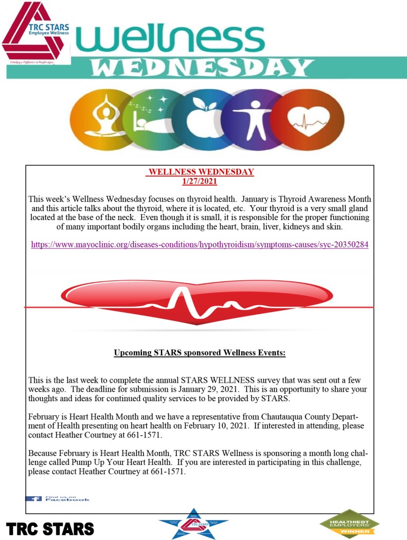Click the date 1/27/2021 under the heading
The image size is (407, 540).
200,181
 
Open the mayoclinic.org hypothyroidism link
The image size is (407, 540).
200,245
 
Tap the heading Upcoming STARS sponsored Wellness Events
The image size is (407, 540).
200,352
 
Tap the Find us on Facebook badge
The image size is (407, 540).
58,498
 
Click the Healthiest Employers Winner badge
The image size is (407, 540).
349,523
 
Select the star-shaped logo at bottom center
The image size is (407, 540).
193,524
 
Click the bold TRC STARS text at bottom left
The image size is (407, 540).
50,528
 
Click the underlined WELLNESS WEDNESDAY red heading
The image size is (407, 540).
201,172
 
